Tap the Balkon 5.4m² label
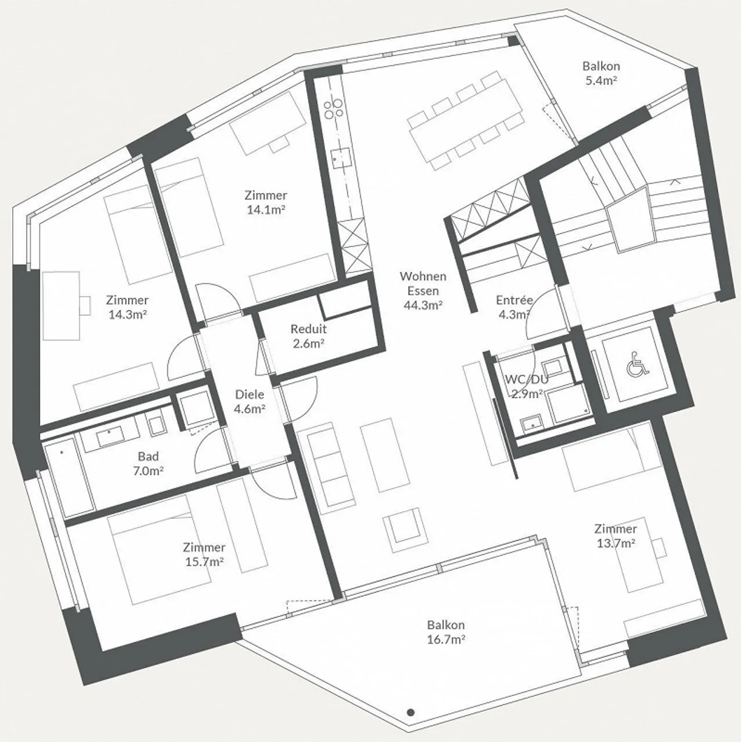point(601,73)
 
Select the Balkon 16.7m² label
point(446,632)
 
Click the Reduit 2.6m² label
point(309,336)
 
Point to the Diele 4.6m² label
point(250,401)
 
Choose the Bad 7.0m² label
point(148,464)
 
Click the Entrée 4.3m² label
point(514,307)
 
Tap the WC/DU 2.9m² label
point(527,386)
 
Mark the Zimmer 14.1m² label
point(266,202)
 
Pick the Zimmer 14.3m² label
point(127,307)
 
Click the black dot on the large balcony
point(411,712)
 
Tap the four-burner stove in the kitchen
point(333,108)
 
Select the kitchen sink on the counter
point(341,158)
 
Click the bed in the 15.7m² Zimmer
point(159,550)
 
